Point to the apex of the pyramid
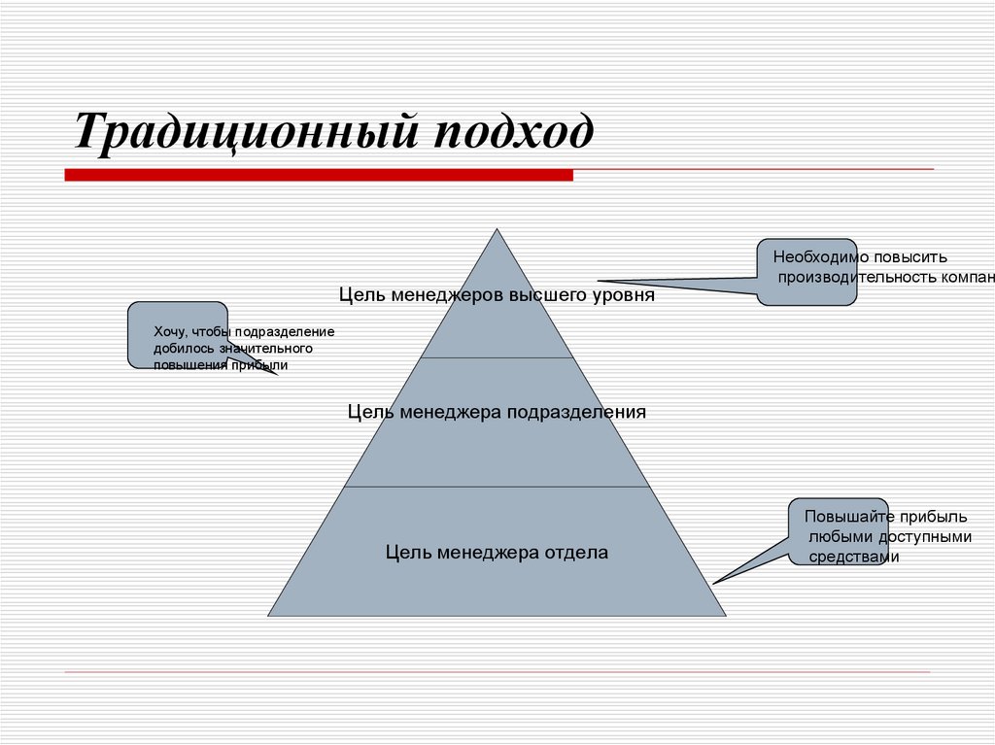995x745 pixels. tap(497, 229)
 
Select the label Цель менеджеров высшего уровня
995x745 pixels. tap(497, 294)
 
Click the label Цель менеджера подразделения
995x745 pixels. tap(497, 412)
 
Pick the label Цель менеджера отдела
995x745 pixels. tap(497, 553)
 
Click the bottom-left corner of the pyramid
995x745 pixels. tap(269, 616)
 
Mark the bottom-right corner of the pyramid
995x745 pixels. tap(725, 616)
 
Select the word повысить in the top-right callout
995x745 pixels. tap(914, 257)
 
